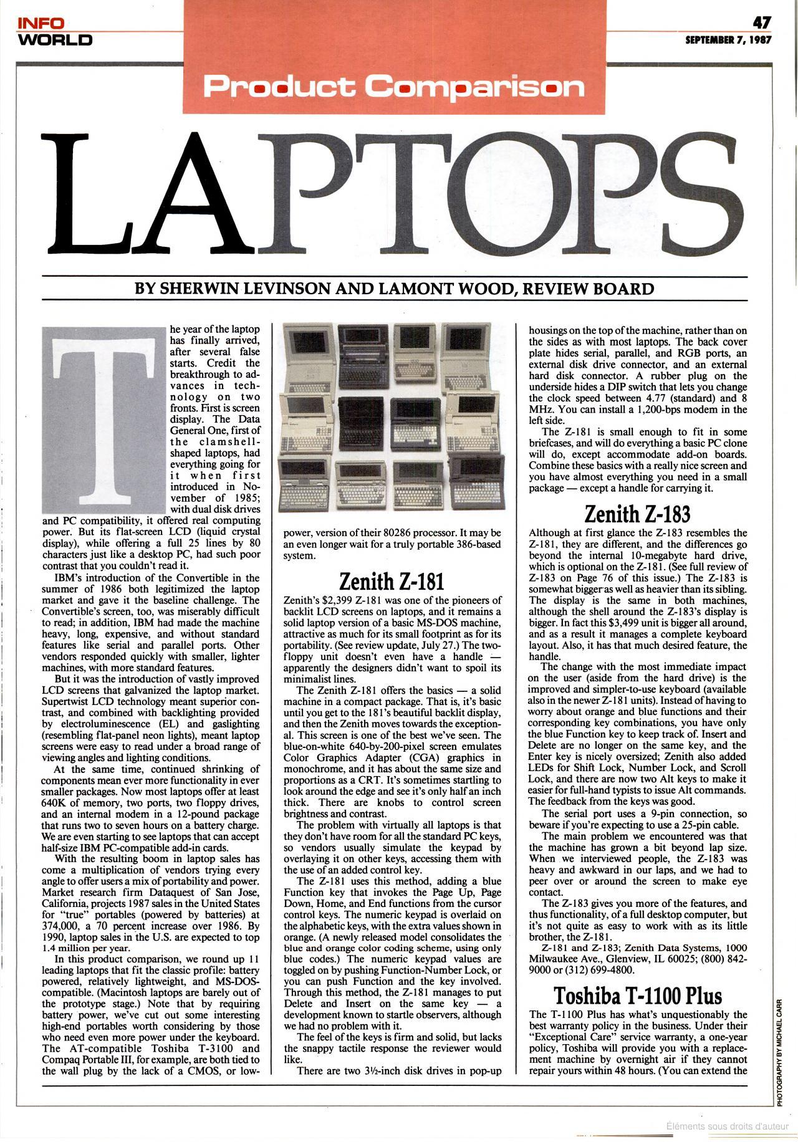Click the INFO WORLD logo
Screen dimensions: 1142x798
click(55, 32)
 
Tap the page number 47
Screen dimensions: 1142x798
click(762, 22)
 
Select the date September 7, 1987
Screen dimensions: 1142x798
click(728, 40)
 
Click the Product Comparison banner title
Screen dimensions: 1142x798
click(393, 87)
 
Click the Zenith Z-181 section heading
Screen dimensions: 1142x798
click(392, 582)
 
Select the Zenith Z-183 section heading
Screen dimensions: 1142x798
click(637, 514)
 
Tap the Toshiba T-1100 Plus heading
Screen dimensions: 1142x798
click(638, 994)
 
